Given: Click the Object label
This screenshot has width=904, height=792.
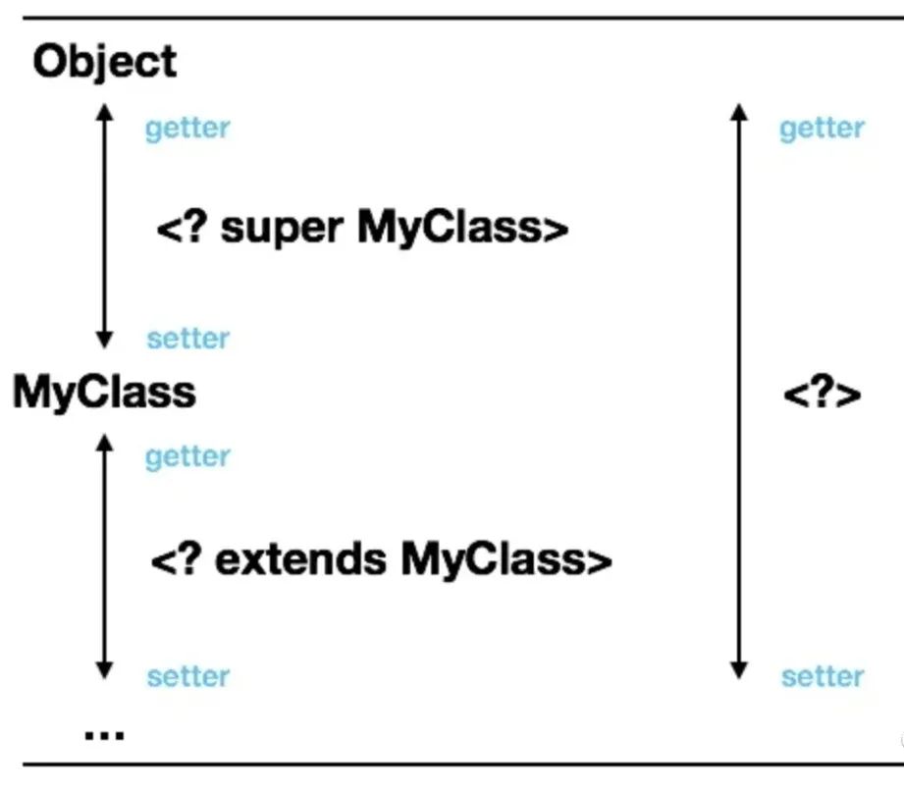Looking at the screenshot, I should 104,63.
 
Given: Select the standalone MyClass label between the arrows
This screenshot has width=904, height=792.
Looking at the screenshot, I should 104,393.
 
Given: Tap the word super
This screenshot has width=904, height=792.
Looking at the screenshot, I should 281,229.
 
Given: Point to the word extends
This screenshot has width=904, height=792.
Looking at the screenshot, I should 298,560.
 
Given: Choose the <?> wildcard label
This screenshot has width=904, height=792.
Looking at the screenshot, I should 822,395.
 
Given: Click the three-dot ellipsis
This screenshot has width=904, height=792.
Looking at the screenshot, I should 104,733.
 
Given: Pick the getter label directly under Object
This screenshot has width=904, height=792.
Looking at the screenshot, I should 186,129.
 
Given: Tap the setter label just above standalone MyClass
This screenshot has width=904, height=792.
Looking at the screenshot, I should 187,339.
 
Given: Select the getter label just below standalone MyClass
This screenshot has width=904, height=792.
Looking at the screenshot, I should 186,456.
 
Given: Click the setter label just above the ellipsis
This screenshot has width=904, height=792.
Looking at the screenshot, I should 187,676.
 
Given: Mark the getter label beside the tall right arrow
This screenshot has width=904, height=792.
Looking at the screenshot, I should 822,129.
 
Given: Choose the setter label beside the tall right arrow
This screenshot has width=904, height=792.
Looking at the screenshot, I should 823,676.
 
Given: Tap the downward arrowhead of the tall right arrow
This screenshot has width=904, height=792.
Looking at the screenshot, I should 740,670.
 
